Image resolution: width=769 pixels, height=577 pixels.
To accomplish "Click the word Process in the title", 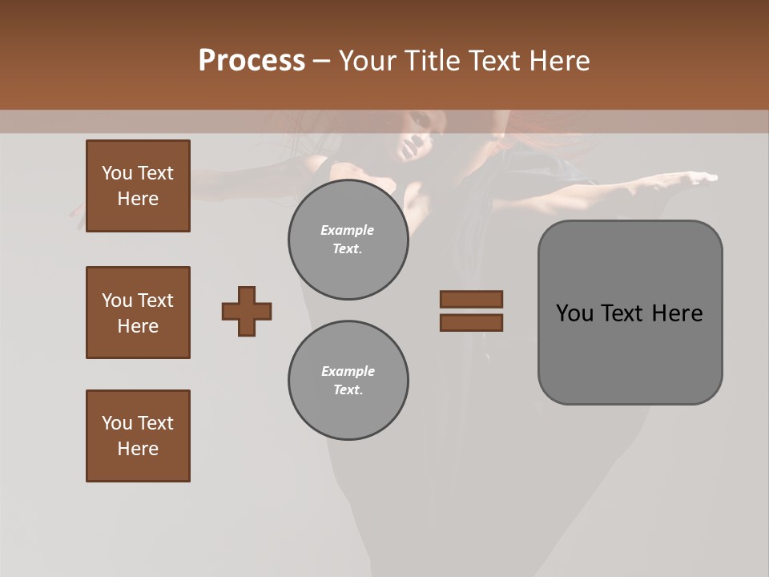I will [x=252, y=61].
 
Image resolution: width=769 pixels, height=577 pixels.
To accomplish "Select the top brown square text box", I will [x=138, y=186].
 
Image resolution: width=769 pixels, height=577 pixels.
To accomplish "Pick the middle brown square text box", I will [x=138, y=313].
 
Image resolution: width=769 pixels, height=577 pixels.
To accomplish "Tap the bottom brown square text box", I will [x=138, y=436].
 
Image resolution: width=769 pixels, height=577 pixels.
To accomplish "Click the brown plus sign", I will [x=247, y=311].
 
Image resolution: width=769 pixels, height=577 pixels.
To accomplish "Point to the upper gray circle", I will [x=348, y=240].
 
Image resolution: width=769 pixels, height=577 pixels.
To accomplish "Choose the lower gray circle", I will [x=348, y=381].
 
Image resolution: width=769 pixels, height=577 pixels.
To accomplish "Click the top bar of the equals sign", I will [x=471, y=299].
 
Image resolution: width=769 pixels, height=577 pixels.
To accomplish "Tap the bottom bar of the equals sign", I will [x=471, y=322].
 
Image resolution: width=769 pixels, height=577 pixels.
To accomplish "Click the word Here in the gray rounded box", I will [x=677, y=313].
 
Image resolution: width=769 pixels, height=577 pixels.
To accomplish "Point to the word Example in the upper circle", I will [x=348, y=230].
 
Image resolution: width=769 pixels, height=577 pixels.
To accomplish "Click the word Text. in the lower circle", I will [x=348, y=390].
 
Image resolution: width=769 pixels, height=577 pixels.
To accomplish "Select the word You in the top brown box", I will [x=117, y=173].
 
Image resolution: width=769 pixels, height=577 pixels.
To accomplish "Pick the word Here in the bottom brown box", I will [x=138, y=449].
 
